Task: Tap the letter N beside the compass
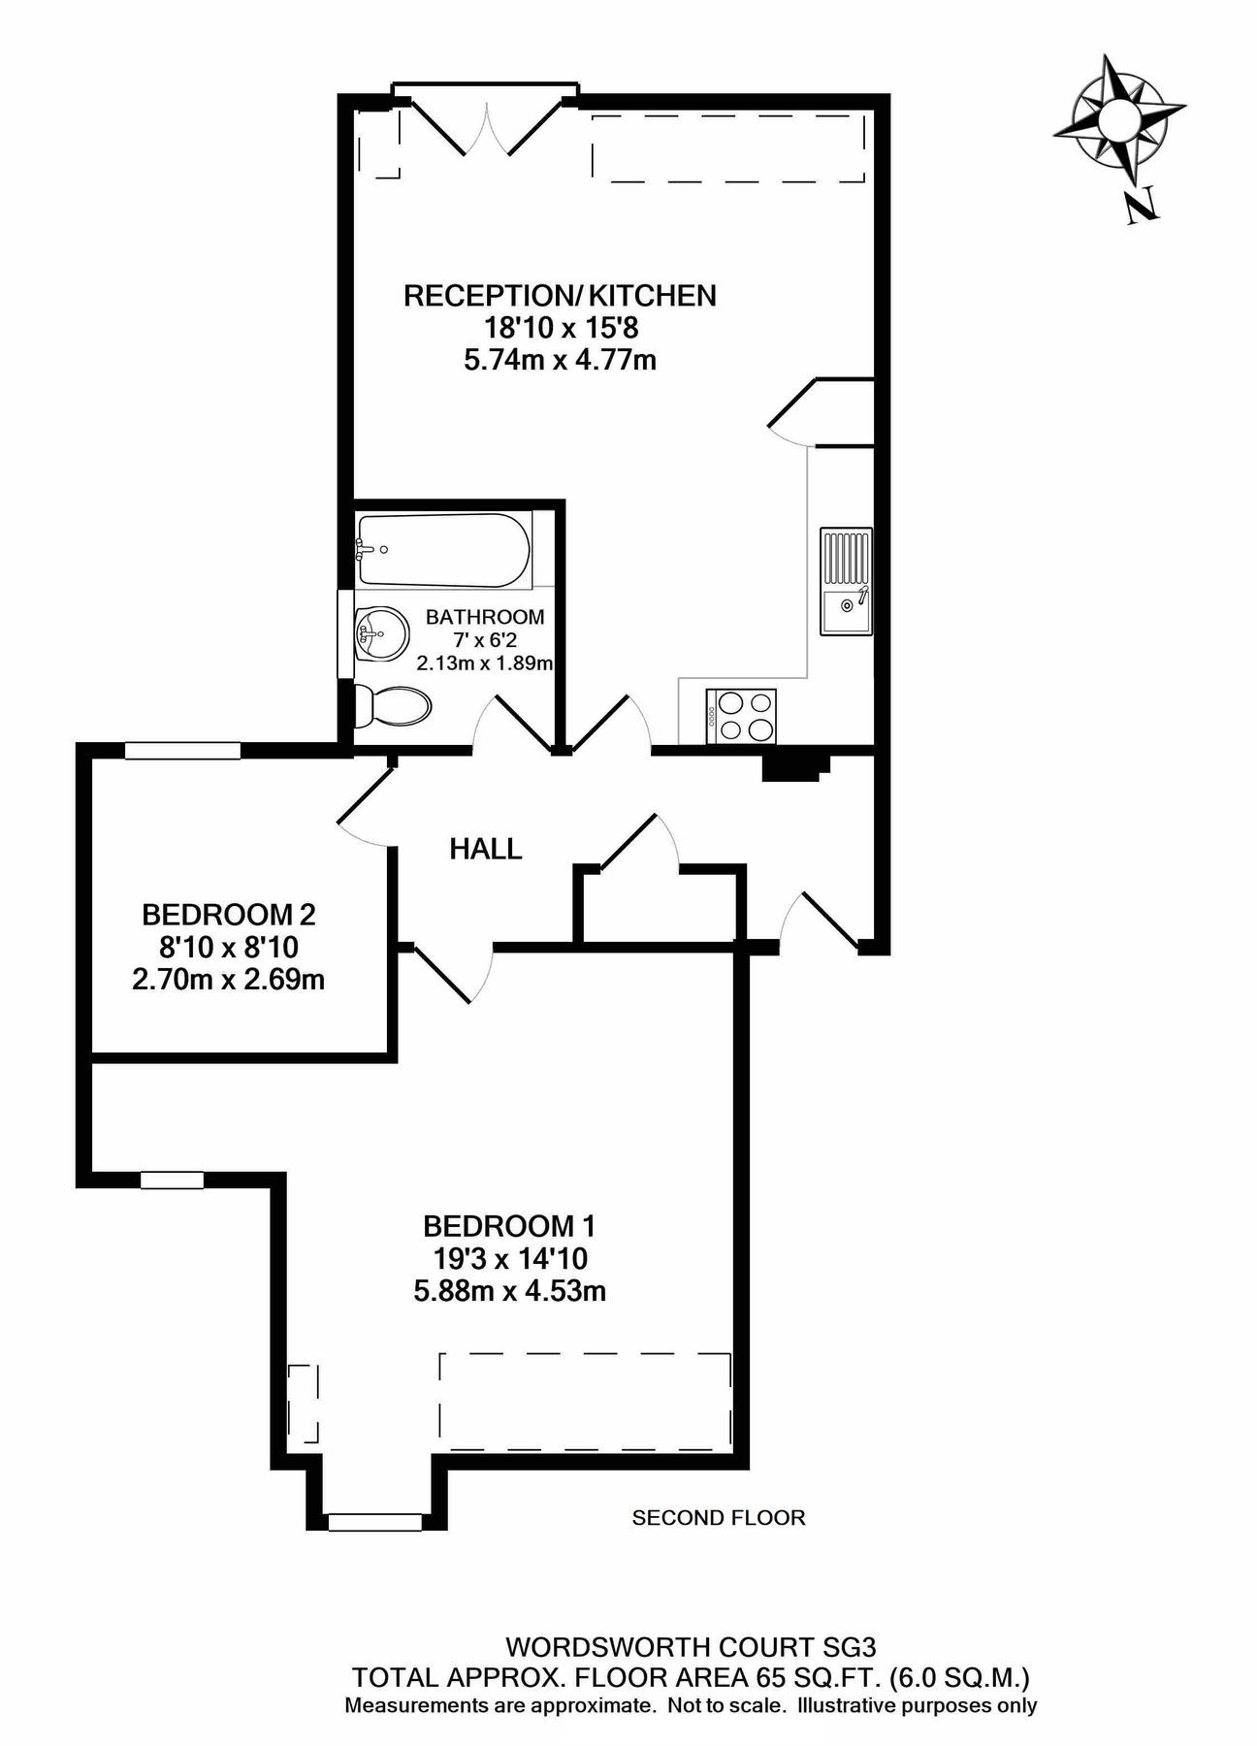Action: pyautogui.click(x=1142, y=207)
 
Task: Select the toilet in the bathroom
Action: pyautogui.click(x=392, y=706)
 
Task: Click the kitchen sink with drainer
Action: pyautogui.click(x=847, y=582)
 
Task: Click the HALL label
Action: pyautogui.click(x=486, y=850)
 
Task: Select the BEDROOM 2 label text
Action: pyautogui.click(x=229, y=914)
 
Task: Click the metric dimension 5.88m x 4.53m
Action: pyautogui.click(x=509, y=1291)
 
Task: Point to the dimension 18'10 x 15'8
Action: pyautogui.click(x=561, y=328)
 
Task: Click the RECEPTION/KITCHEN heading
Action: pyautogui.click(x=560, y=295)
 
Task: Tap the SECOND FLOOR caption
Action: pyautogui.click(x=718, y=1517)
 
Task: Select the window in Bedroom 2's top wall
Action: pyautogui.click(x=182, y=750)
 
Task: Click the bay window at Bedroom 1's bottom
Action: pyautogui.click(x=374, y=1523)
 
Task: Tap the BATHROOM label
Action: pyautogui.click(x=485, y=617)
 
